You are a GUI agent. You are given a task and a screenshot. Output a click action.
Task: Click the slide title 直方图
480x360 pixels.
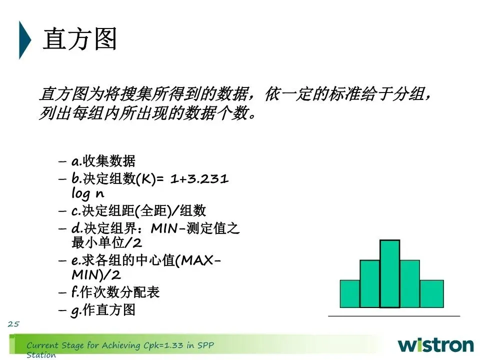[x=80, y=38]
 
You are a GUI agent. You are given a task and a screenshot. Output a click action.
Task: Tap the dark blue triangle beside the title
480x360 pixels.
[x=24, y=40]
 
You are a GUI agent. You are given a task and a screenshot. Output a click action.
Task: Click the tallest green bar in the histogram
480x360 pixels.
[x=389, y=273]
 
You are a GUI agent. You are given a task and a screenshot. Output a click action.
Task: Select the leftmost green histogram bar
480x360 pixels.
[x=350, y=293]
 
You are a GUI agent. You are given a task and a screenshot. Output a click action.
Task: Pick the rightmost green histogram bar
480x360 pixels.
[x=431, y=293]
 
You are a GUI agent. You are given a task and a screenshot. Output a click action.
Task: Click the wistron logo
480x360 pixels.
[x=436, y=345]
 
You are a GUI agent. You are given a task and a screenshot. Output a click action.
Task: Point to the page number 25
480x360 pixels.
[x=13, y=324]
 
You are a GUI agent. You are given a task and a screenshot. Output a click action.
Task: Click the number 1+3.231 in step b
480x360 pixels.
[x=199, y=179]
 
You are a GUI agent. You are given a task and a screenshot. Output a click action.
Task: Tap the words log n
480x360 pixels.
[x=88, y=193]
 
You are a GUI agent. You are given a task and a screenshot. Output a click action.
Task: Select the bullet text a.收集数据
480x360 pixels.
[x=103, y=161]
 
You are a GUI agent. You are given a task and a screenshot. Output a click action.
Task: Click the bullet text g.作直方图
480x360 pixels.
[x=103, y=310]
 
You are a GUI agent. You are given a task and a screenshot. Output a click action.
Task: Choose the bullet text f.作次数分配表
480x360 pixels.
[x=115, y=292]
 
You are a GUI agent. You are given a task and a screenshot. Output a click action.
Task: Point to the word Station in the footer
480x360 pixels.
[x=41, y=355]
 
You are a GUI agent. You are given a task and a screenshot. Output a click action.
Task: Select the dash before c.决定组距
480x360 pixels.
[x=62, y=211]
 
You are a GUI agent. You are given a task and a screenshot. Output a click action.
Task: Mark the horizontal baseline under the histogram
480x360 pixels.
[x=394, y=315]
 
